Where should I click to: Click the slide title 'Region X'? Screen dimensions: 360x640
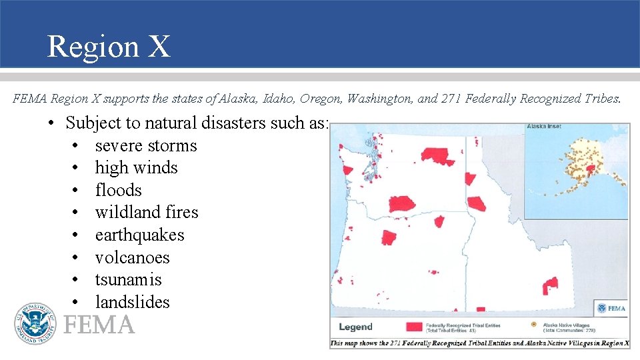coord(109,47)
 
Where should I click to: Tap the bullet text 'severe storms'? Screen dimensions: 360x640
coord(146,145)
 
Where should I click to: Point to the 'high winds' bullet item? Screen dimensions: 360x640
coord(136,167)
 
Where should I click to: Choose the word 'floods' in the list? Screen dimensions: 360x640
coord(119,190)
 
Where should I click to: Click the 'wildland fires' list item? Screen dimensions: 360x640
coord(147,212)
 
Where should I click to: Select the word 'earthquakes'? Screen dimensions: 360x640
coord(139,235)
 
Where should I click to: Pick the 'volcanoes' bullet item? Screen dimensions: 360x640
coord(132,257)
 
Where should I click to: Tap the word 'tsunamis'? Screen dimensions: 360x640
coord(128,279)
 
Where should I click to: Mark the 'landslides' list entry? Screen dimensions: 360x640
coord(132,302)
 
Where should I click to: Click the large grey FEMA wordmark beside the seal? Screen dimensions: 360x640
coord(99,325)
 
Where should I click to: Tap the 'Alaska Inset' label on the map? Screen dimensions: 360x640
coord(543,127)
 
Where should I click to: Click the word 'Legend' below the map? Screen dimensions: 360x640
coord(355,327)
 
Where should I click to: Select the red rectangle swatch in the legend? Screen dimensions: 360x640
coord(415,326)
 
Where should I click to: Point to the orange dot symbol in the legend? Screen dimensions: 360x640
coord(533,325)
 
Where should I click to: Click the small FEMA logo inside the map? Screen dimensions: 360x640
coord(611,308)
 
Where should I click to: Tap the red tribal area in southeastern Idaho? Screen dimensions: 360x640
coord(550,287)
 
